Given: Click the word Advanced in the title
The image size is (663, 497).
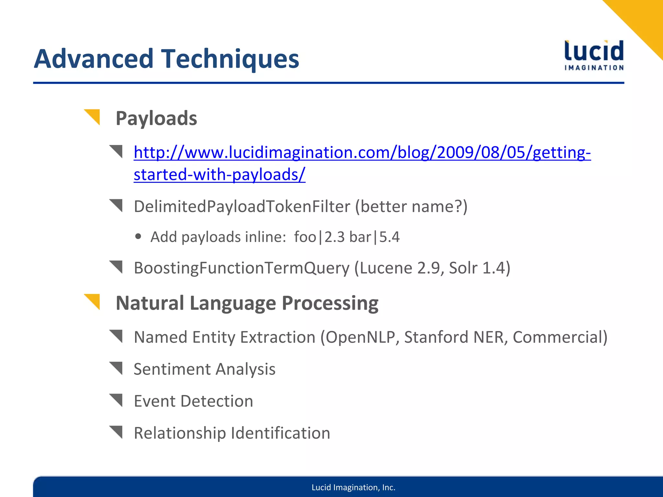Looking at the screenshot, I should click(93, 59).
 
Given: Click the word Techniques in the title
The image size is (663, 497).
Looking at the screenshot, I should click(230, 59).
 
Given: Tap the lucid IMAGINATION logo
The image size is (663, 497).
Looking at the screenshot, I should click(594, 55).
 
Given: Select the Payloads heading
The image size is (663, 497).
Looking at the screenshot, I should click(156, 118).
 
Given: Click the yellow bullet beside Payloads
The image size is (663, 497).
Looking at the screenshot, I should click(93, 116).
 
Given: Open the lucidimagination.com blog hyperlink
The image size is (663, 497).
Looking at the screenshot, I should click(362, 153).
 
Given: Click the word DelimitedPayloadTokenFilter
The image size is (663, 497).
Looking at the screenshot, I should click(242, 206).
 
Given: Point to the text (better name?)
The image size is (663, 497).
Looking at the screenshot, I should click(411, 206).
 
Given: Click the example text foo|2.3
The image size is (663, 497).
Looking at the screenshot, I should click(319, 237).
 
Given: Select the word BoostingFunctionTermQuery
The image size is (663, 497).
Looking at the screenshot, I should click(242, 268).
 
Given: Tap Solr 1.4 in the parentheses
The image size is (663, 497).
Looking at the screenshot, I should click(477, 268).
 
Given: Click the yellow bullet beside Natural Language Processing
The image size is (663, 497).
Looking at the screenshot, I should click(93, 301).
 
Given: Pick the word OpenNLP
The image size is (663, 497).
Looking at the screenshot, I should click(360, 337).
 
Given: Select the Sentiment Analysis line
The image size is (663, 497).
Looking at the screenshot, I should click(204, 369).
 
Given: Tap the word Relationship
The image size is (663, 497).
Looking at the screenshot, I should click(180, 433).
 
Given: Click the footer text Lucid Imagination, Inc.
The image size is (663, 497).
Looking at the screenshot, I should click(353, 487).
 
